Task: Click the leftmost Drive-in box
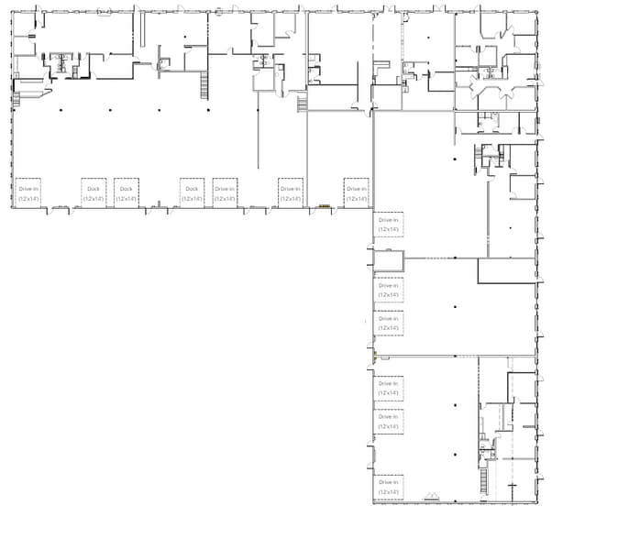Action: tap(28, 192)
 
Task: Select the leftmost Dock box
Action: tap(94, 192)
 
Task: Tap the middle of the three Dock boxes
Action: tap(127, 192)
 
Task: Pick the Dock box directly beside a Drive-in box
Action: tap(192, 192)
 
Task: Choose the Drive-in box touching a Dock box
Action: tap(225, 192)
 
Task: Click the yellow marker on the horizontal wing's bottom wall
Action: tap(324, 206)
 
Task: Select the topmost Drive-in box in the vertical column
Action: tap(389, 225)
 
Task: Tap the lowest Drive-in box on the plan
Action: tap(389, 486)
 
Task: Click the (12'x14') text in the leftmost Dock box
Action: tap(94, 198)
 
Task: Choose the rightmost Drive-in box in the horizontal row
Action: tap(356, 192)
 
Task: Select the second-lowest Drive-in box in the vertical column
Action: tap(389, 421)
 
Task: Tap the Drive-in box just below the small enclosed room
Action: tap(389, 290)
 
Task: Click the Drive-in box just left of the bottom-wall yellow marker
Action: tap(291, 192)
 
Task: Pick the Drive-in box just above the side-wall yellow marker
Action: tap(389, 323)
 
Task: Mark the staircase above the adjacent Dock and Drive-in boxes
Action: tap(204, 87)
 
